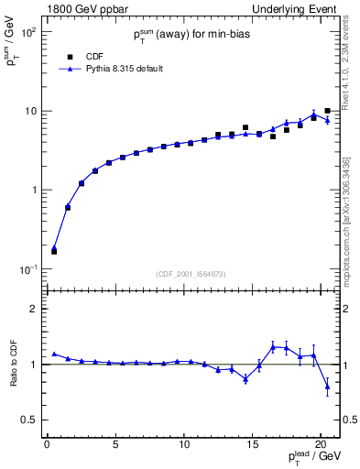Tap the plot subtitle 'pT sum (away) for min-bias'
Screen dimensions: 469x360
tap(190, 34)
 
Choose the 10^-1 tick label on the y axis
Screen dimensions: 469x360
tap(27, 269)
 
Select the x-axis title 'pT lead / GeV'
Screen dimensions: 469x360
tap(311, 459)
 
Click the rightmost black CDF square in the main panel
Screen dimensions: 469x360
tap(327, 111)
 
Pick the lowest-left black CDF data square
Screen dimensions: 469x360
tap(54, 250)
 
